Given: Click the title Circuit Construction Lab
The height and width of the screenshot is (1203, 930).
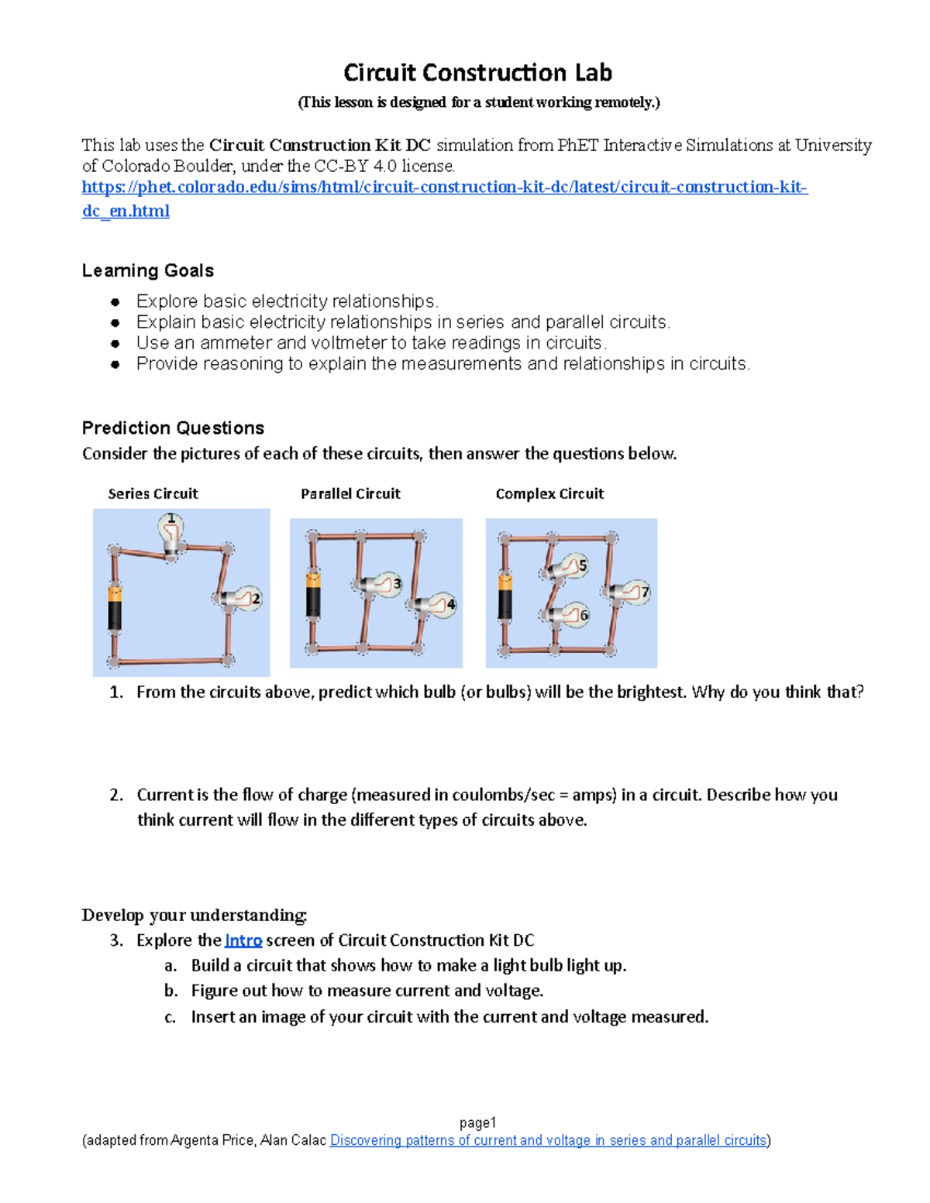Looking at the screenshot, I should (x=477, y=73).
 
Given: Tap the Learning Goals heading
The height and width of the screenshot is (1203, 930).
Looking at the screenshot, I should (x=147, y=271).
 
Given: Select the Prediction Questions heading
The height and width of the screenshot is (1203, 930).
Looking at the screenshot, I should (x=173, y=428).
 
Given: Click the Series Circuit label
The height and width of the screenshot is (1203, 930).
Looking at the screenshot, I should (x=153, y=494).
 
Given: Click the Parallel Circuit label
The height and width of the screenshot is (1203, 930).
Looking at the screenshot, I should (x=350, y=494).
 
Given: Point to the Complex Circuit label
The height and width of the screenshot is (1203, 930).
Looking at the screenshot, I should (x=549, y=494).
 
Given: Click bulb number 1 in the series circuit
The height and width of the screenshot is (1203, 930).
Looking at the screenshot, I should (x=171, y=531).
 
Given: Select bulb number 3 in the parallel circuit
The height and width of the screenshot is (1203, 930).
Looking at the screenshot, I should (x=383, y=585).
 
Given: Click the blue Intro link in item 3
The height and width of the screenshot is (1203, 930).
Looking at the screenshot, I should (x=243, y=940).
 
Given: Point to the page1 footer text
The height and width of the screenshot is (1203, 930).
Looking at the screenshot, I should (x=477, y=1122).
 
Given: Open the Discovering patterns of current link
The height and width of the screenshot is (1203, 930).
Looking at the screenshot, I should (x=549, y=1140).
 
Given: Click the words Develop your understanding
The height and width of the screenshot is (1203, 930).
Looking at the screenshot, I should (x=195, y=915).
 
